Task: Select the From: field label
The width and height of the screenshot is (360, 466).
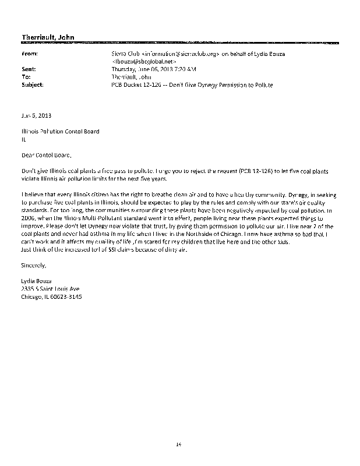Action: click(29, 53)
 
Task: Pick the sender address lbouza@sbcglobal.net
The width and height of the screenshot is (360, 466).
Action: click(144, 61)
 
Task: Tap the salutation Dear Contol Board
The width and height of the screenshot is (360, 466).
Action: click(47, 155)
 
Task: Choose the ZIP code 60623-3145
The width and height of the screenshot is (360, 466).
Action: click(68, 296)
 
